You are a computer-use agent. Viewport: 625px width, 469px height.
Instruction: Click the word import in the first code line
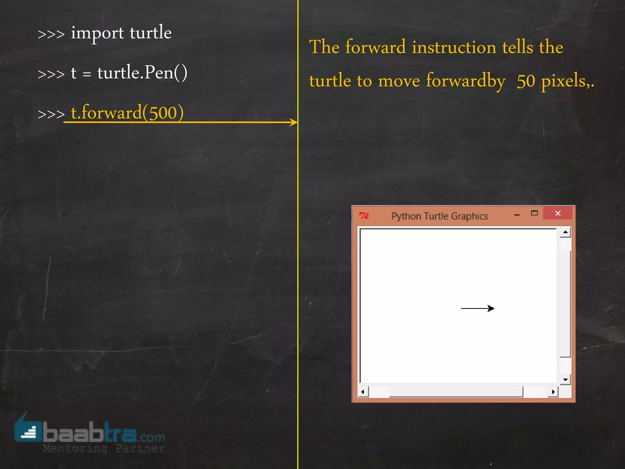(97, 33)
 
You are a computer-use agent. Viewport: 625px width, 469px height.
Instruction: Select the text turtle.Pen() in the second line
(142, 73)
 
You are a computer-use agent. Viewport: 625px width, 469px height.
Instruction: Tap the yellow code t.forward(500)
(127, 112)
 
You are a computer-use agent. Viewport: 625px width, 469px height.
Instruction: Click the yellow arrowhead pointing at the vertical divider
(293, 122)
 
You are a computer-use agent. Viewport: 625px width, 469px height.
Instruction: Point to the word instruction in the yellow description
(454, 47)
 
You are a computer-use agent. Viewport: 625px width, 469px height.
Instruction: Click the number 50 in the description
(526, 81)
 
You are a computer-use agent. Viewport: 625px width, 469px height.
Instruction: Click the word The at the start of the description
(324, 47)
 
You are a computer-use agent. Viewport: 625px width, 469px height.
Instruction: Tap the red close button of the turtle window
(558, 213)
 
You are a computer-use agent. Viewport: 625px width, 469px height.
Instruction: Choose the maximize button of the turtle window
(534, 213)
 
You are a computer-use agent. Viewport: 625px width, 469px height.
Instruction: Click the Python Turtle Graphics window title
(439, 216)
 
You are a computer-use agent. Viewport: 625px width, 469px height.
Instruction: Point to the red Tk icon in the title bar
(364, 216)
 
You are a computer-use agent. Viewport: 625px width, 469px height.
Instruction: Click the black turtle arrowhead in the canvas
(491, 308)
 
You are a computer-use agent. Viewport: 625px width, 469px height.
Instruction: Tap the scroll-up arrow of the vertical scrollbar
(565, 232)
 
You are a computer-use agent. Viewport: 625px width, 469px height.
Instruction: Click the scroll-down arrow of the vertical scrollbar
(565, 380)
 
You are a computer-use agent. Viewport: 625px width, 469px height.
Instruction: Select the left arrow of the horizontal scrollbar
(363, 392)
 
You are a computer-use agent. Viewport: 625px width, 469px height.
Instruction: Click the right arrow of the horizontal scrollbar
(553, 392)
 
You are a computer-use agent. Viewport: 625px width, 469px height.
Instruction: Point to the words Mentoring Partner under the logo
(104, 449)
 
